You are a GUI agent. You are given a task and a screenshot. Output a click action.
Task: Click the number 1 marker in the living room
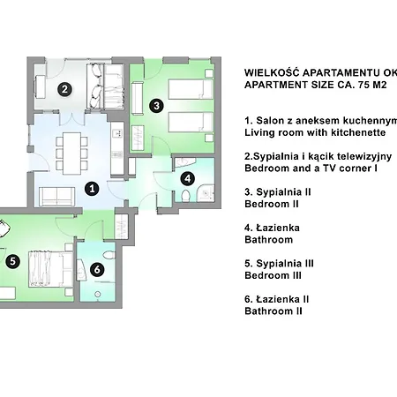pyautogui.click(x=92, y=189)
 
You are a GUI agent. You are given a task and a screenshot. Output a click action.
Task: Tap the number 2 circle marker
pyautogui.click(x=65, y=89)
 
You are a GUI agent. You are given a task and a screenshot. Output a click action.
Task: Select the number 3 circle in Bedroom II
pyautogui.click(x=156, y=105)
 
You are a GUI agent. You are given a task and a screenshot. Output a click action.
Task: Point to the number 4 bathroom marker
pyautogui.click(x=188, y=178)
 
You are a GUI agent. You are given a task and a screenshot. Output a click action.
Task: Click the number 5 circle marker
pyautogui.click(x=12, y=261)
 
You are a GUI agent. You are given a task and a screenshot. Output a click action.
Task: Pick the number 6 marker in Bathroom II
pyautogui.click(x=97, y=269)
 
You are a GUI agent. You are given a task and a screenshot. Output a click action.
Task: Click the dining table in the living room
pyautogui.click(x=72, y=154)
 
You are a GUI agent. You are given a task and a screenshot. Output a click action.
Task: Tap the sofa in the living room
pyautogui.click(x=56, y=196)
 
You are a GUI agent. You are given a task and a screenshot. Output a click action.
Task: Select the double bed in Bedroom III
pyautogui.click(x=50, y=269)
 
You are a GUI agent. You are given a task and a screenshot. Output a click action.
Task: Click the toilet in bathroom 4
pyautogui.click(x=185, y=196)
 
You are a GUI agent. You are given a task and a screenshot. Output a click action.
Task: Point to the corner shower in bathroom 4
pyautogui.click(x=206, y=193)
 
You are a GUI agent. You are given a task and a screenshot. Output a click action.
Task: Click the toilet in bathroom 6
pyautogui.click(x=109, y=255)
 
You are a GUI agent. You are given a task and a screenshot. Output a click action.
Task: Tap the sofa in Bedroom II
pyautogui.click(x=137, y=99)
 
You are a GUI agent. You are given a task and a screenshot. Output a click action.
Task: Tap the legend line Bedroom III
pyautogui.click(x=273, y=275)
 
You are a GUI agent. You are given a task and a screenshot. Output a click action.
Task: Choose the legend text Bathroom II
pyautogui.click(x=273, y=311)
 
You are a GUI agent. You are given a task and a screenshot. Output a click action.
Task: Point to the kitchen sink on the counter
pyautogui.click(x=117, y=133)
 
